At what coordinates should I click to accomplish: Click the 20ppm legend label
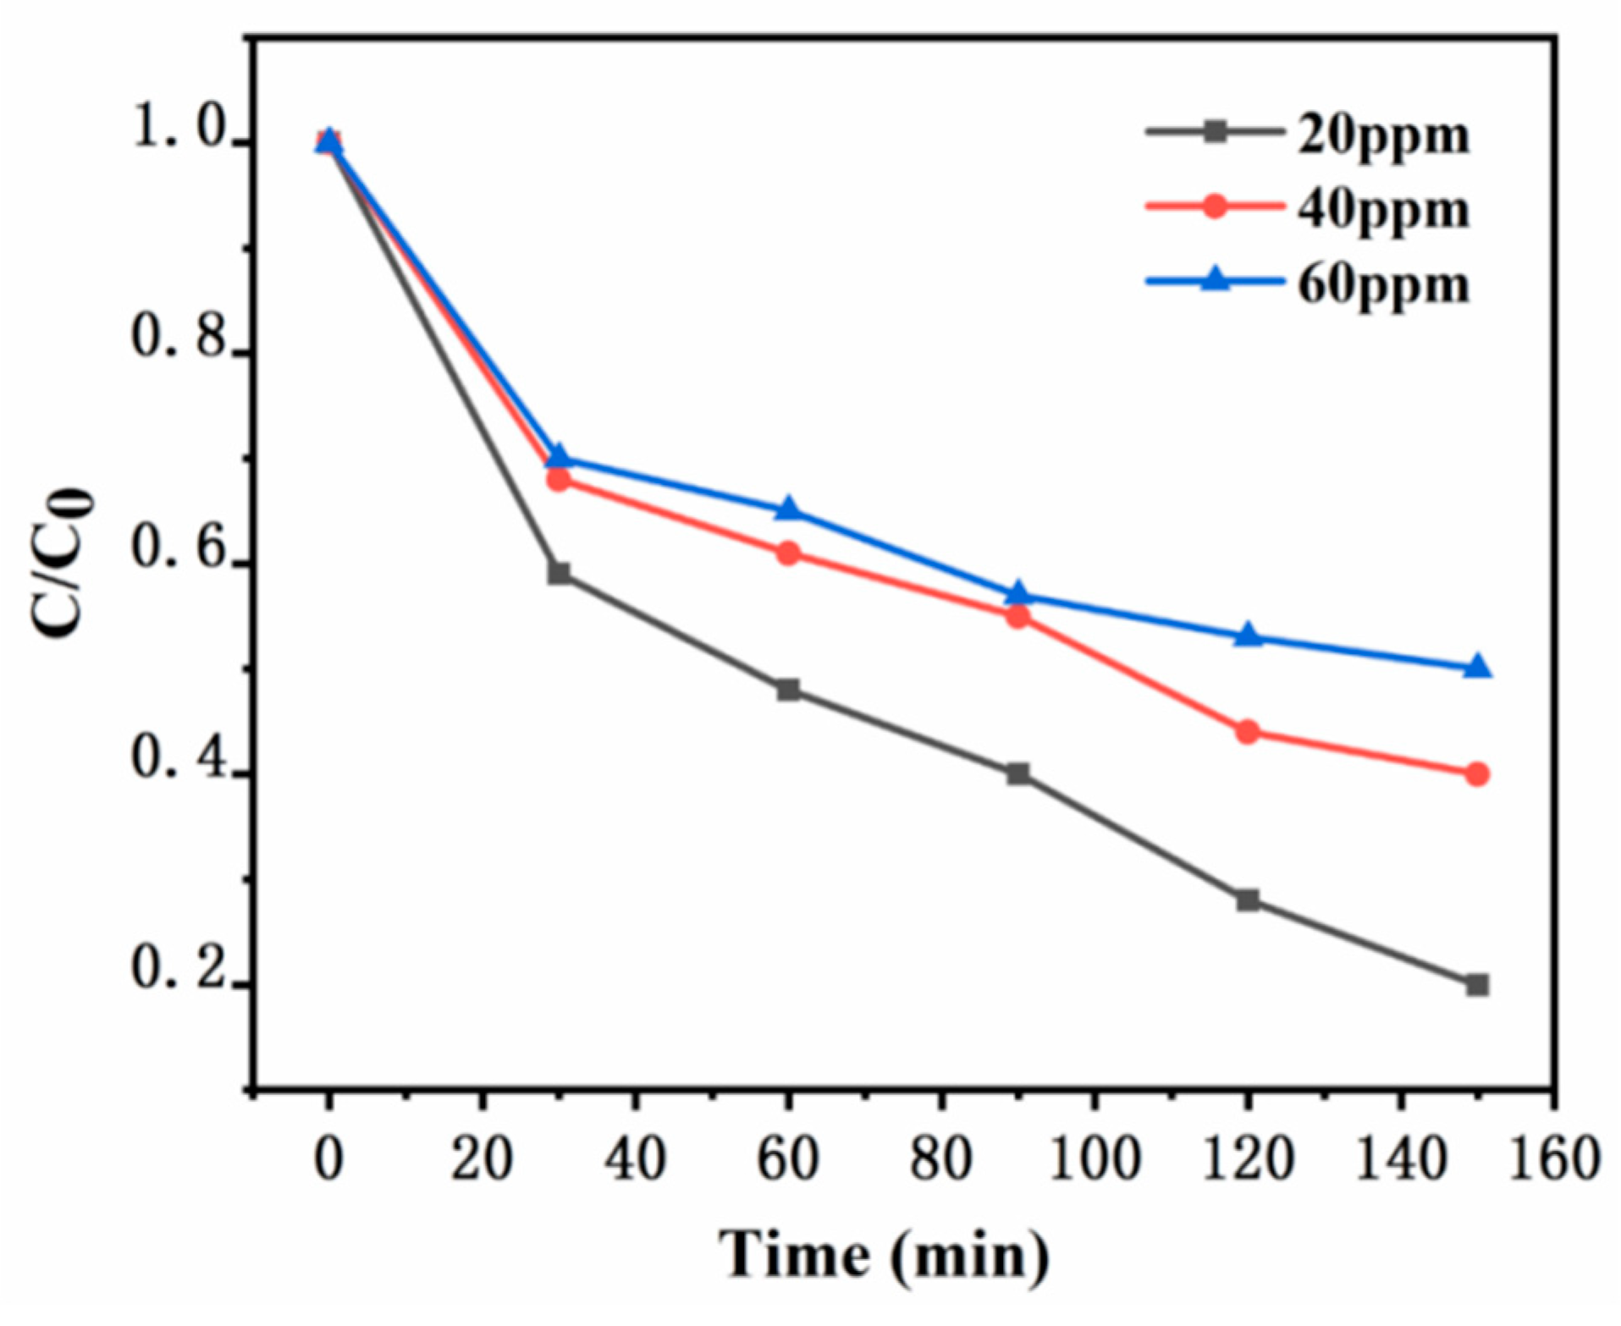(x=1383, y=135)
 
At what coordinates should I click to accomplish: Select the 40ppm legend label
(x=1383, y=210)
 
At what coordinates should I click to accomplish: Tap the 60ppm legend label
(x=1383, y=284)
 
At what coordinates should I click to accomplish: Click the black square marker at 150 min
(x=1477, y=984)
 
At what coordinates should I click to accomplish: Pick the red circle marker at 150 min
(x=1477, y=773)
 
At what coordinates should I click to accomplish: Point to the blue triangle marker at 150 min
(x=1477, y=667)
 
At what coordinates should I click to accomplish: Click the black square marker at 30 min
(x=559, y=574)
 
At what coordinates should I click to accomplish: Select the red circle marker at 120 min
(x=1247, y=731)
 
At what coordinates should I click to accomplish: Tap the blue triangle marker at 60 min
(x=788, y=509)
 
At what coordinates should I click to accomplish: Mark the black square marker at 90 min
(x=1017, y=773)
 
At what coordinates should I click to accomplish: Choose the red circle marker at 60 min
(x=788, y=553)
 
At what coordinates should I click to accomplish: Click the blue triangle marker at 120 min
(x=1247, y=635)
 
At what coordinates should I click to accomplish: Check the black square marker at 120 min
(x=1247, y=900)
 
